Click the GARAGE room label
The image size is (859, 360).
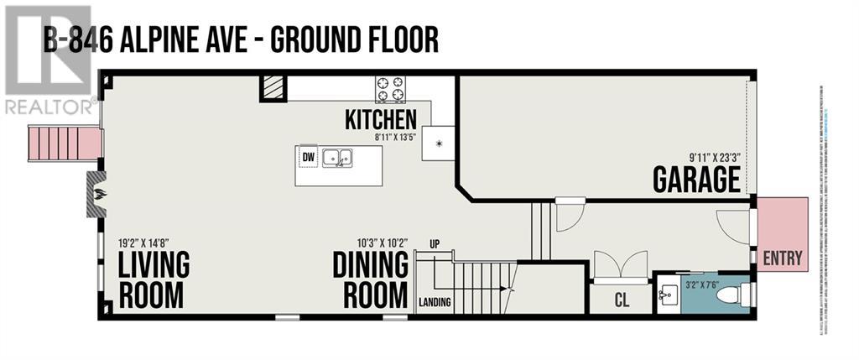coord(696,180)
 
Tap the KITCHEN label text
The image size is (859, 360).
coord(380,119)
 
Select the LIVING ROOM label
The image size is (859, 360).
coord(154,279)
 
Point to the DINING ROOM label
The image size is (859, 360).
coord(370,279)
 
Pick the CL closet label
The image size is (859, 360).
coord(622,300)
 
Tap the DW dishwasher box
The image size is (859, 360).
coord(308,155)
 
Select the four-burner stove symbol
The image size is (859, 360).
coord(389,87)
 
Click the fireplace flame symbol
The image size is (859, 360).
coord(99,195)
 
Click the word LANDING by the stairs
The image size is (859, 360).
coord(435,302)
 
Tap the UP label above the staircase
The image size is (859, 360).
coord(435,243)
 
